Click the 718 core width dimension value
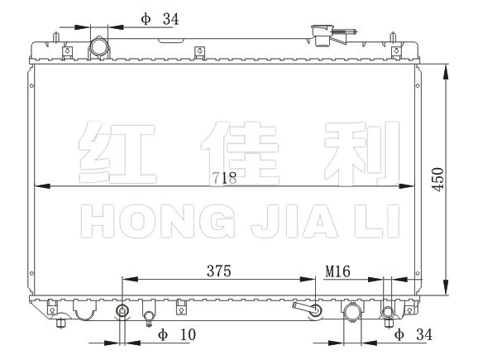224,178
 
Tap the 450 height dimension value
438,180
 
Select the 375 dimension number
219,271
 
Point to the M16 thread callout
337,271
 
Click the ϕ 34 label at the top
160,19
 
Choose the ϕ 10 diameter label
177,335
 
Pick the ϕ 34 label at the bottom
413,335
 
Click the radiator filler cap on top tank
323,35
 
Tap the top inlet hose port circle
98,47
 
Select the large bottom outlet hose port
352,311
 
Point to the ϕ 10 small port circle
122,311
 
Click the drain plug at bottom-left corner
60,323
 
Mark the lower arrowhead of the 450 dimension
446,287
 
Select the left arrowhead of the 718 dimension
42,186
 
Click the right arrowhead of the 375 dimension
308,279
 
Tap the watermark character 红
117,152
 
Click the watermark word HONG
158,221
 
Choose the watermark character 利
362,153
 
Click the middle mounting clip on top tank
199,51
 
